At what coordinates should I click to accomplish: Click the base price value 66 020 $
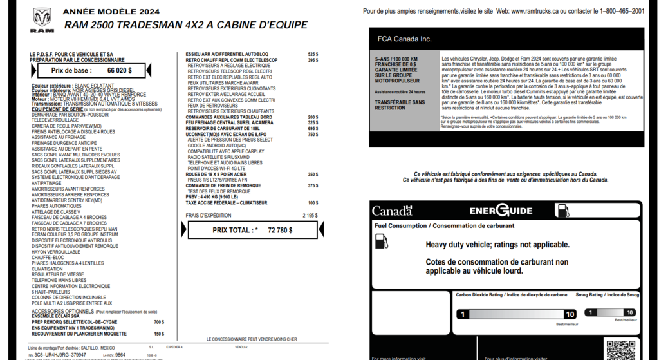tap(119, 71)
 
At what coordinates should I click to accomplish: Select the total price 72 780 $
tap(280, 230)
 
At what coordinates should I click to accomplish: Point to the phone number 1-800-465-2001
tap(622, 11)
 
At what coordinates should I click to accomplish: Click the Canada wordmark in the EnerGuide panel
tap(392, 211)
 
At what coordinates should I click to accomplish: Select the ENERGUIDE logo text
tap(501, 211)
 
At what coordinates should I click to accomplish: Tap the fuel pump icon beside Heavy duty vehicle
tap(381, 242)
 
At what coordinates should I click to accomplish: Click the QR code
tap(620, 350)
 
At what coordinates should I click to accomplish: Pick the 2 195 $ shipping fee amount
tap(310, 215)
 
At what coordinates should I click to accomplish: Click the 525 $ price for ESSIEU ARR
tap(313, 54)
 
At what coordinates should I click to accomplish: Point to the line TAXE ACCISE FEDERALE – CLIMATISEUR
tap(226, 202)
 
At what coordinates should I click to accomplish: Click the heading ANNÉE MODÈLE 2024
tap(111, 12)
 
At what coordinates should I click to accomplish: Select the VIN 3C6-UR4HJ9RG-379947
tap(60, 355)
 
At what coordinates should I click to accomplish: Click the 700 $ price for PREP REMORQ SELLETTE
tap(159, 322)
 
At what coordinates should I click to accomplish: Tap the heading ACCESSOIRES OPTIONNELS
tap(63, 311)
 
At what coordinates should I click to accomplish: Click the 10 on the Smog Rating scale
tap(630, 313)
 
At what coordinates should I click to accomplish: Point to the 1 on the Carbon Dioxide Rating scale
tap(462, 314)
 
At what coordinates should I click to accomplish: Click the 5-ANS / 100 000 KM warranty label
tap(396, 59)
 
